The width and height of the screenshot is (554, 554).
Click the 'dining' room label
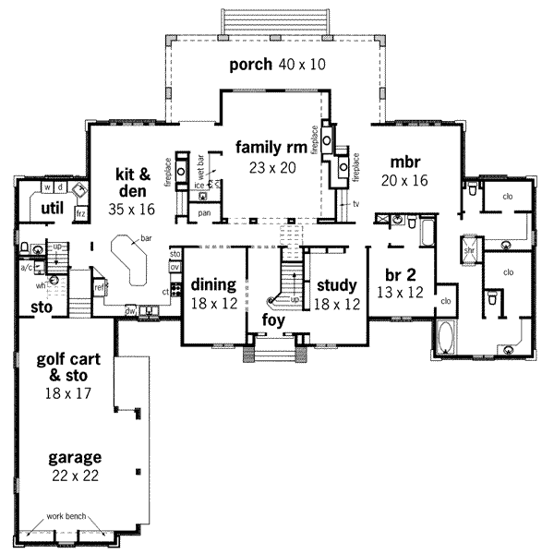click(x=213, y=284)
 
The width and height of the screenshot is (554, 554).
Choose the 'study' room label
click(x=336, y=284)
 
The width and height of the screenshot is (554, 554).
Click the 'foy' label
click(x=273, y=319)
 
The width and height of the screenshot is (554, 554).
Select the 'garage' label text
click(x=77, y=458)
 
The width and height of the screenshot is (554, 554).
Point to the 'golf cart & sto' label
click(x=77, y=367)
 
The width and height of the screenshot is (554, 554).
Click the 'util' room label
click(x=52, y=208)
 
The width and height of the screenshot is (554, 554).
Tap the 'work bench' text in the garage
click(x=70, y=514)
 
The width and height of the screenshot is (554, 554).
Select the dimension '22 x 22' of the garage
click(x=77, y=476)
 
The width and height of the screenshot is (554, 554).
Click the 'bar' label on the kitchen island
click(x=146, y=238)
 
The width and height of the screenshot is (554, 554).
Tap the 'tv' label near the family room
click(x=354, y=204)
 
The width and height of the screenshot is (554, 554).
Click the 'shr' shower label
click(x=469, y=250)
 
